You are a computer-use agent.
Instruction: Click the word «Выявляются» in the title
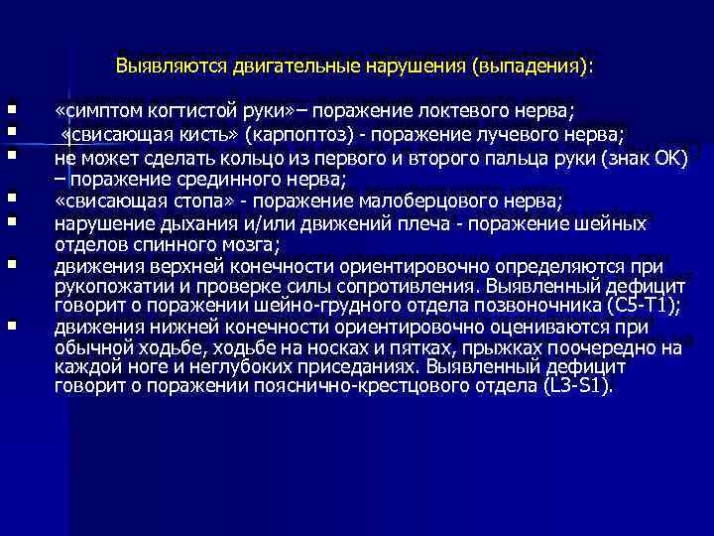[x=171, y=67]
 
